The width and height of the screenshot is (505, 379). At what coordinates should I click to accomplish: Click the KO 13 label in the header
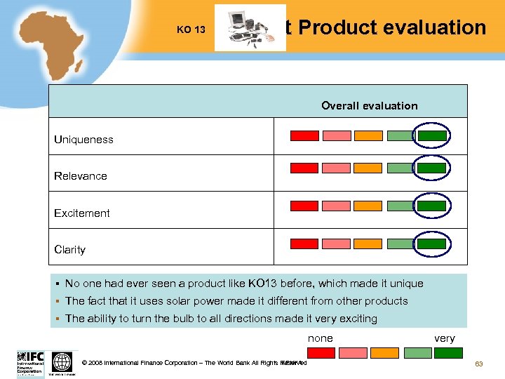(x=191, y=30)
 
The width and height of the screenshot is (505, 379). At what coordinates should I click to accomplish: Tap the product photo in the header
(x=250, y=28)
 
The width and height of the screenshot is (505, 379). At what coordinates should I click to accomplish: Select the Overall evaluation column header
(x=369, y=106)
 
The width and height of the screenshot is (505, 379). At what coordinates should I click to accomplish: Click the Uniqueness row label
(x=83, y=140)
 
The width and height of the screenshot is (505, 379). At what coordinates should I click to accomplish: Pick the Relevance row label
(x=81, y=176)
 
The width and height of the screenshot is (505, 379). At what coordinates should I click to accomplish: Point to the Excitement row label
(x=82, y=213)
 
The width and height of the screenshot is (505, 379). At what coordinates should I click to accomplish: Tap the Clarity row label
(x=69, y=249)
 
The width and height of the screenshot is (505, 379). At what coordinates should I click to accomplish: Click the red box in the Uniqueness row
(x=304, y=135)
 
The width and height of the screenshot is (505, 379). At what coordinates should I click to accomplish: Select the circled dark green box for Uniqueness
(x=432, y=135)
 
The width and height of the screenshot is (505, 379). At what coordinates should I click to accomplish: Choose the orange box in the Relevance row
(x=368, y=168)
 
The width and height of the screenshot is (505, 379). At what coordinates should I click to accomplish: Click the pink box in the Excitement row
(x=336, y=206)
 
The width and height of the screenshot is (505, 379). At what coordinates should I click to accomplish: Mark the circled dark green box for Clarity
(x=432, y=244)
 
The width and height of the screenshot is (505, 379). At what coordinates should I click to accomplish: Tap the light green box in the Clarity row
(x=400, y=244)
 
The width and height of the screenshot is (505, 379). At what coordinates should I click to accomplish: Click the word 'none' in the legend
(x=321, y=338)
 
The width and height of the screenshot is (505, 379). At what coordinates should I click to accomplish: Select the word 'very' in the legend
(x=445, y=338)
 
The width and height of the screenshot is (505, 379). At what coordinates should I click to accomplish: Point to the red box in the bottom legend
(x=321, y=352)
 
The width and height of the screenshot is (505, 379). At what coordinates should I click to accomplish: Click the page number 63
(x=479, y=364)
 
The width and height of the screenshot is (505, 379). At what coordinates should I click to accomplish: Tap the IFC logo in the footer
(x=30, y=363)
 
